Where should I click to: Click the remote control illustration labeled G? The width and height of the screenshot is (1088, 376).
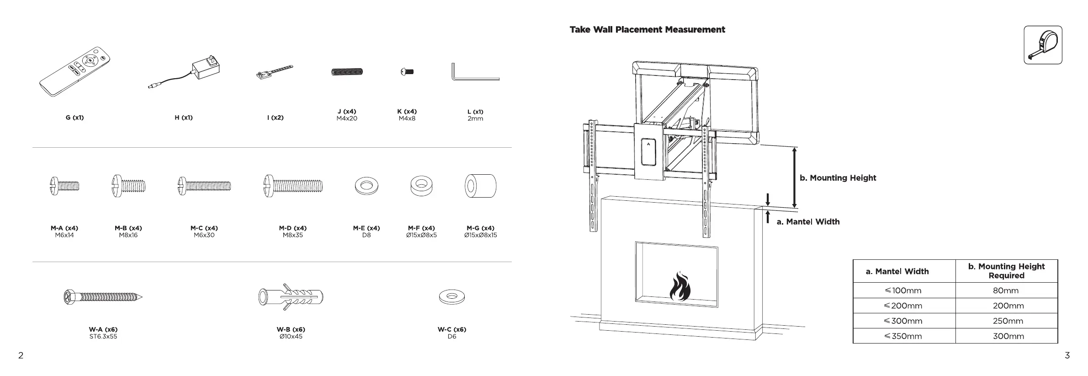[x=75, y=72]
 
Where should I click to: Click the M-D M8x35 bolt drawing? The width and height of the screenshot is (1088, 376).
[x=293, y=186]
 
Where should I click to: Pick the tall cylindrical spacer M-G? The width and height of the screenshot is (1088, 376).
[x=481, y=186]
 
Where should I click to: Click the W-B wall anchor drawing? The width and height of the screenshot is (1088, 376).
[x=291, y=297]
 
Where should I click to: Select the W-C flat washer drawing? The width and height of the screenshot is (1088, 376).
[x=451, y=296]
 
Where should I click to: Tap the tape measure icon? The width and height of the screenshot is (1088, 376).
[x=1043, y=45]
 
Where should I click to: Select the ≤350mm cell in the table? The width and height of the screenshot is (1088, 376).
[x=903, y=336]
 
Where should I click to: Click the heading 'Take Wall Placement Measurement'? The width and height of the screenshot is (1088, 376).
[x=647, y=30]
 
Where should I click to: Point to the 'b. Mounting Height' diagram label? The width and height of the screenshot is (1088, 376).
[x=838, y=178]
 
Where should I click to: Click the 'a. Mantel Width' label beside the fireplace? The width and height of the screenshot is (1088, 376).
[x=808, y=222]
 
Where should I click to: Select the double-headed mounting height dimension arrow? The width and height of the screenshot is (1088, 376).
[x=795, y=177]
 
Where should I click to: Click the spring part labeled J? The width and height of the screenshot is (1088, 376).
[x=347, y=71]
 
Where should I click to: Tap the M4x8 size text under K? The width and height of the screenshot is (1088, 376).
[x=407, y=118]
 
